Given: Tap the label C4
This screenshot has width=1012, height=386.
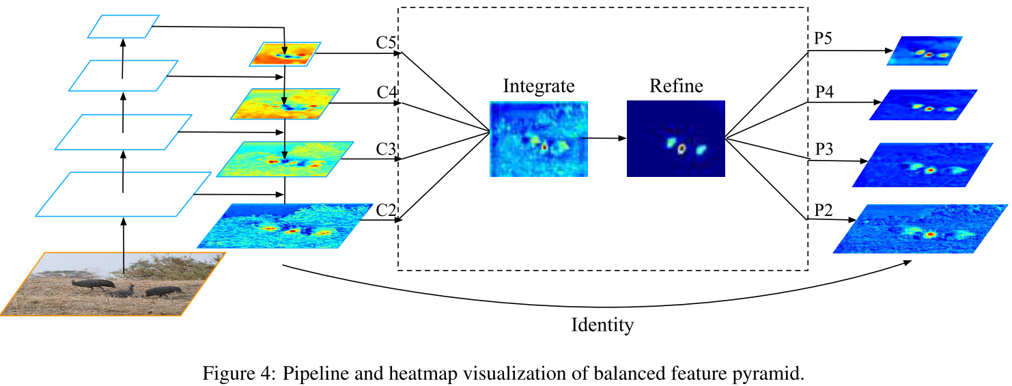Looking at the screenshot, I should [386, 93].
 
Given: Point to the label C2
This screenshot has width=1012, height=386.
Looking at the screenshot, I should [386, 210].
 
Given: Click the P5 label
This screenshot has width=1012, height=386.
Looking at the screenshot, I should [822, 39].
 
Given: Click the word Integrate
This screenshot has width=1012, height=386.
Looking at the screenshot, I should [539, 86].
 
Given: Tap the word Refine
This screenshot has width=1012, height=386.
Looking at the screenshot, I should [676, 86].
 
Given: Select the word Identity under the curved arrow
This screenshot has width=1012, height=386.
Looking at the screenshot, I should [602, 325].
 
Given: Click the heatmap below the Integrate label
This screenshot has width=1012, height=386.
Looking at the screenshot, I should [539, 139].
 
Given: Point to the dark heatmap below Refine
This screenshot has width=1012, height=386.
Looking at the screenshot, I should [676, 139].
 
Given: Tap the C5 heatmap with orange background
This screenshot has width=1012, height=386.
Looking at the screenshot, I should [284, 54].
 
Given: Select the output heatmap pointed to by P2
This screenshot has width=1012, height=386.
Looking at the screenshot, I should [920, 228].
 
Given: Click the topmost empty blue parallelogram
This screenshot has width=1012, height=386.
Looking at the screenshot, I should [124, 26].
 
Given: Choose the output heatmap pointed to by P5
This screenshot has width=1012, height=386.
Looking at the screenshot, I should [925, 51].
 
